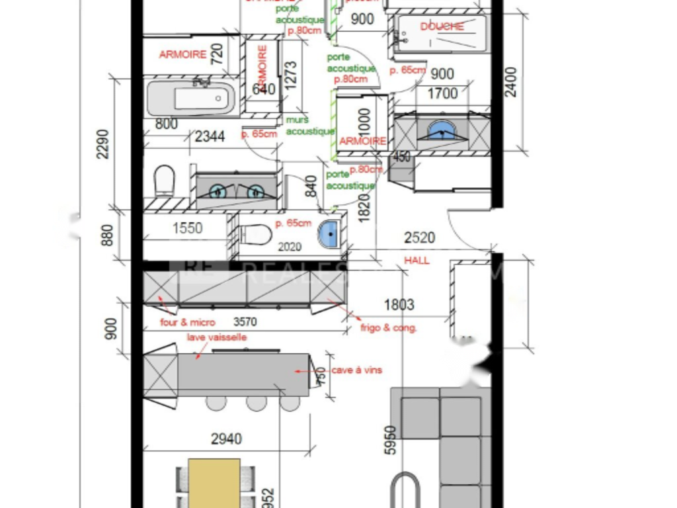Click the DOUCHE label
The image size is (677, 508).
click(442, 26)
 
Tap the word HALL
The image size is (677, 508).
click(417, 261)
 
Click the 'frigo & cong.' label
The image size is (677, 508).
click(389, 327)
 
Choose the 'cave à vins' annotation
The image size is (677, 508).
click(356, 370)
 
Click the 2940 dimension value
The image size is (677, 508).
click(226, 439)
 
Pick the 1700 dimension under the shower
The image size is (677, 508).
click(442, 94)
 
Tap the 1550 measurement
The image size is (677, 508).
click(187, 229)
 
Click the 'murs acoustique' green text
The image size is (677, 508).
click(310, 125)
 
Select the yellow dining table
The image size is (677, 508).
click(214, 483)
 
